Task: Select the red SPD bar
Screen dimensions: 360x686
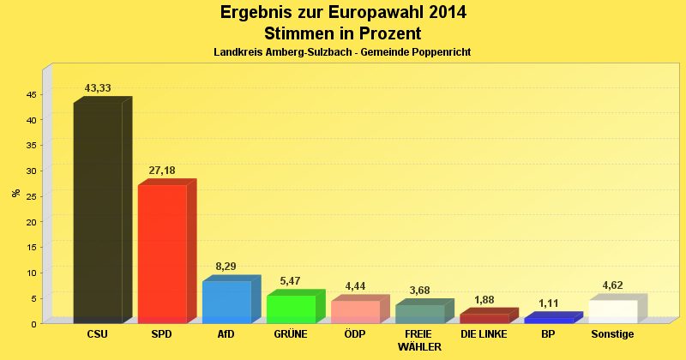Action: click(162, 254)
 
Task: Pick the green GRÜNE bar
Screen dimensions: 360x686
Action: click(292, 309)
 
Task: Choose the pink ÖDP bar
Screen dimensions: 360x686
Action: click(355, 311)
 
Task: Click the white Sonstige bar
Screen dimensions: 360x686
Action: click(612, 311)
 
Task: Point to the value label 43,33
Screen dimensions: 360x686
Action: click(98, 88)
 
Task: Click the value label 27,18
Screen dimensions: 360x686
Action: click(162, 171)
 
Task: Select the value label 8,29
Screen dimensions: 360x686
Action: click(226, 267)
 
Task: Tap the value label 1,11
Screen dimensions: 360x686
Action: click(549, 303)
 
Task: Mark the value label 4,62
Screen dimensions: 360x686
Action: click(612, 285)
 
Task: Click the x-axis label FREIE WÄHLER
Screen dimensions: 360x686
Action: click(419, 340)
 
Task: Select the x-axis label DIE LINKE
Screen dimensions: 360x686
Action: click(484, 334)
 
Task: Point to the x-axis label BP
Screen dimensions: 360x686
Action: click(548, 334)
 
